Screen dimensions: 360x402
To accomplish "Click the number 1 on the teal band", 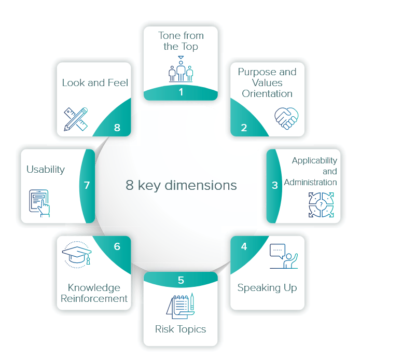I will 181,92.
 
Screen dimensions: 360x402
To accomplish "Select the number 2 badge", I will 244,128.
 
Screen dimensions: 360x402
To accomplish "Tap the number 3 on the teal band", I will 275,185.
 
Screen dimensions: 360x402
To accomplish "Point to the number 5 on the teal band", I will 181,280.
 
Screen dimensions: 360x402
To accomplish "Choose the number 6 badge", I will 117,246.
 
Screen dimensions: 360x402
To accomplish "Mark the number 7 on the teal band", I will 87,185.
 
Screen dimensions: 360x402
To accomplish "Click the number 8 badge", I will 117,128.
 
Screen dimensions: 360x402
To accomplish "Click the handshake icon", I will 286,118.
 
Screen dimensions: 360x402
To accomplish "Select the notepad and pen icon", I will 181,306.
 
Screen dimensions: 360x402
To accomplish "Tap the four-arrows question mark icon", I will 321,205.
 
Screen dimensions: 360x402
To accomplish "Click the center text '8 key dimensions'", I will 181,185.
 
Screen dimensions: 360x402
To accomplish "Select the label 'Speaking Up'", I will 267,287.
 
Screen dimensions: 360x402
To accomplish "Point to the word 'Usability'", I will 46,169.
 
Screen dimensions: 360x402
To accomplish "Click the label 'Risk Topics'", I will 181,329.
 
